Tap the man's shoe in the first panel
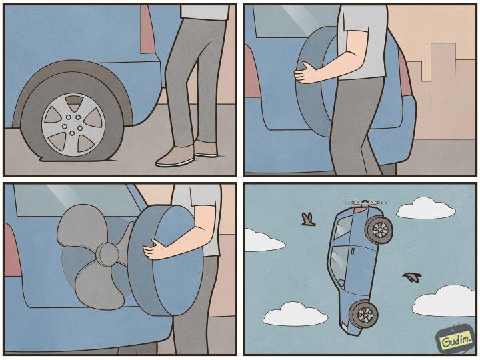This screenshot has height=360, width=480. (175, 157)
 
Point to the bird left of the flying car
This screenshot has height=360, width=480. (308, 219)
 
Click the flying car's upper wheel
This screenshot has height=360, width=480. (379, 230)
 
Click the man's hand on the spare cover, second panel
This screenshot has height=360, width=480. (308, 72)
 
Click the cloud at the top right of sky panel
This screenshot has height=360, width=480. (427, 208)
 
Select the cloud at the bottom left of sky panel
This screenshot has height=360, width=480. (295, 313)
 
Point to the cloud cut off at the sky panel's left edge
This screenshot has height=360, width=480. (261, 240)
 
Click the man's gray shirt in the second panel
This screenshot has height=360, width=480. (364, 40)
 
